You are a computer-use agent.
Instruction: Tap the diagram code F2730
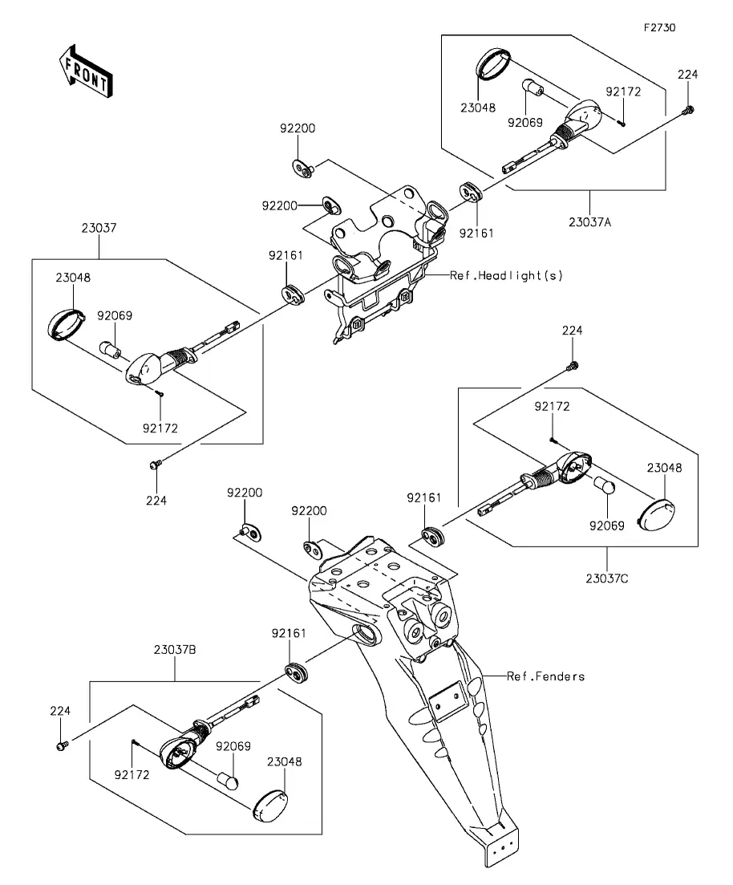pyautogui.click(x=659, y=27)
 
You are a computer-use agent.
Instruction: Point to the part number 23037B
pyautogui.click(x=174, y=651)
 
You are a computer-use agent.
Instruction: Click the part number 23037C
pyautogui.click(x=607, y=578)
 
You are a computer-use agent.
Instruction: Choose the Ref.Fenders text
pyautogui.click(x=545, y=676)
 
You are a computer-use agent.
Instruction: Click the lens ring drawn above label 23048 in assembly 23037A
pyautogui.click(x=493, y=64)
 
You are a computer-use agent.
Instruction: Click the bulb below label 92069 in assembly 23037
pyautogui.click(x=109, y=351)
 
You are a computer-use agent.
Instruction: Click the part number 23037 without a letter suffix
pyautogui.click(x=99, y=228)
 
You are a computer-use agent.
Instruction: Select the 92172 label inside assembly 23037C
pyautogui.click(x=553, y=408)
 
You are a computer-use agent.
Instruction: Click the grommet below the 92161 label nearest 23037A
pyautogui.click(x=469, y=193)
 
